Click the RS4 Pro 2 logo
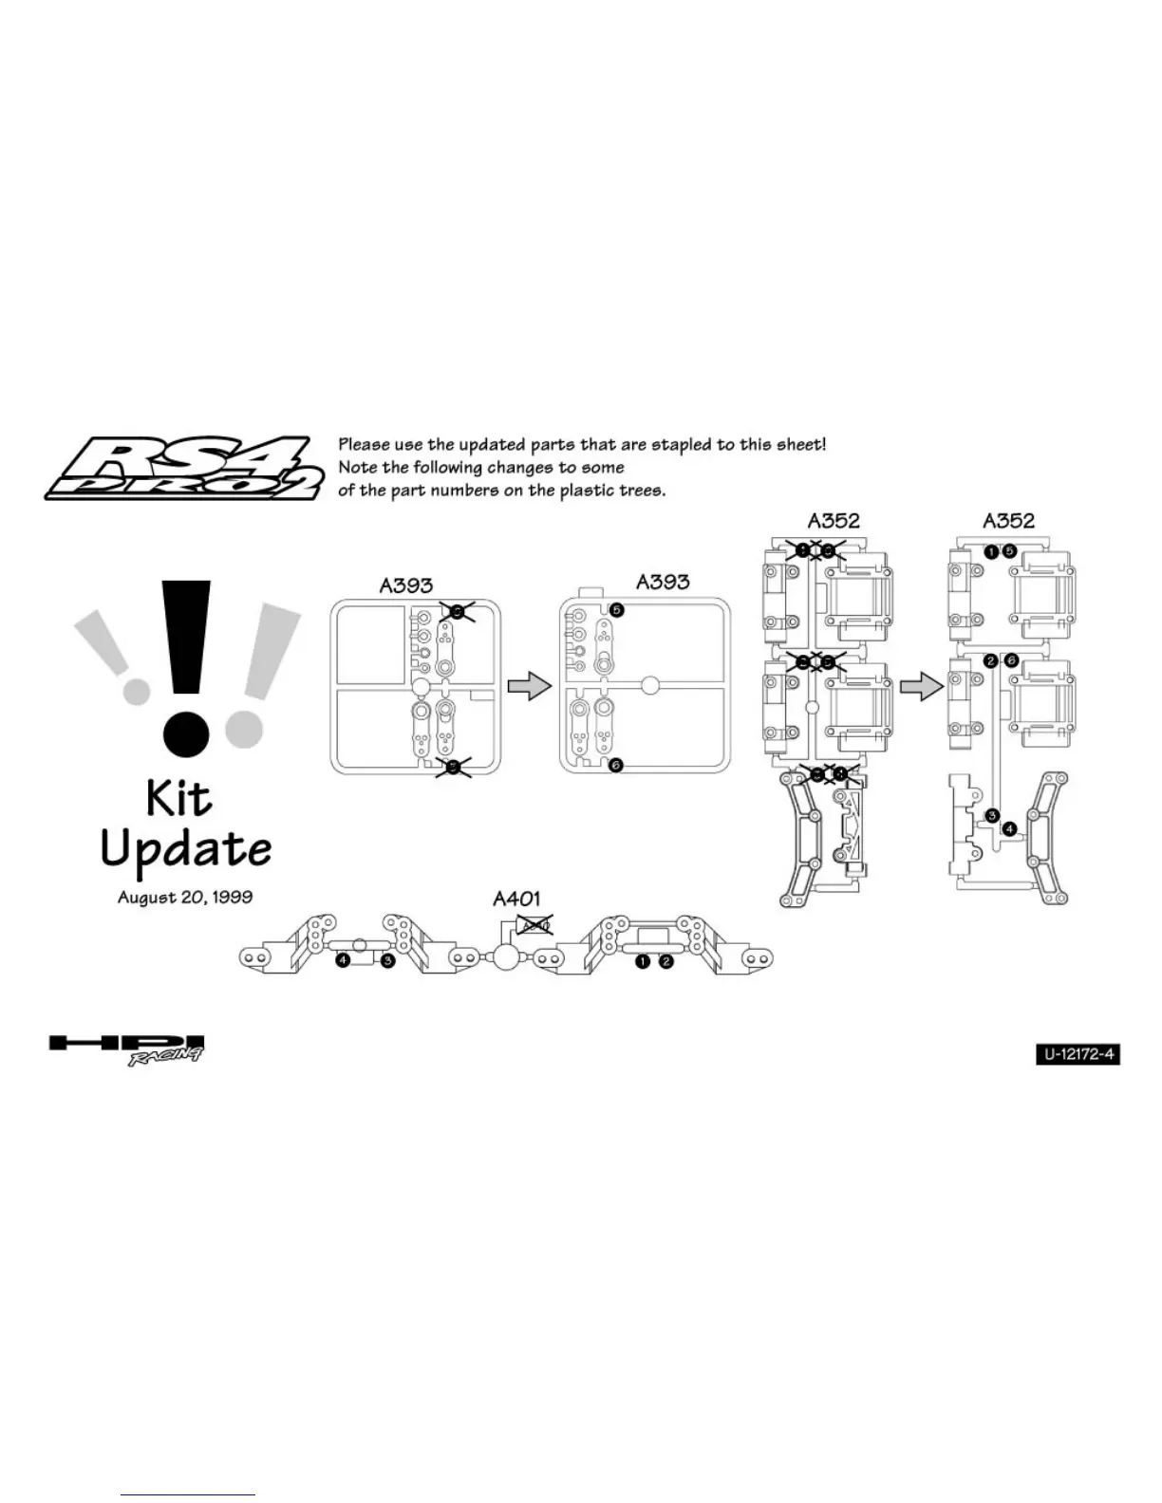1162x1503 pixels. [x=180, y=468]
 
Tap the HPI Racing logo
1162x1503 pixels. [x=126, y=1048]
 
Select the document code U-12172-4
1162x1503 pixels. [x=1078, y=1053]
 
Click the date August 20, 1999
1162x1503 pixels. [x=185, y=897]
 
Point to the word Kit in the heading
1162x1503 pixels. [x=178, y=799]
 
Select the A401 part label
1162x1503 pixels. [x=516, y=898]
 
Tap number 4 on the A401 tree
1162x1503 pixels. [x=343, y=961]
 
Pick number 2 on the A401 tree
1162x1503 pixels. [x=666, y=961]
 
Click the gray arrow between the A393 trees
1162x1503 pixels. [x=529, y=685]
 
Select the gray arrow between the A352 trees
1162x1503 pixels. [x=921, y=685]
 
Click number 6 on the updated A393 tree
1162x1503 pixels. [x=616, y=765]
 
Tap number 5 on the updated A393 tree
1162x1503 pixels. [x=616, y=609]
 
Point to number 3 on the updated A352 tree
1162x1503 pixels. [x=992, y=815]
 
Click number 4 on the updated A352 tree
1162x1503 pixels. [x=1009, y=828]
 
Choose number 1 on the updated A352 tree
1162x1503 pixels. [x=991, y=551]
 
